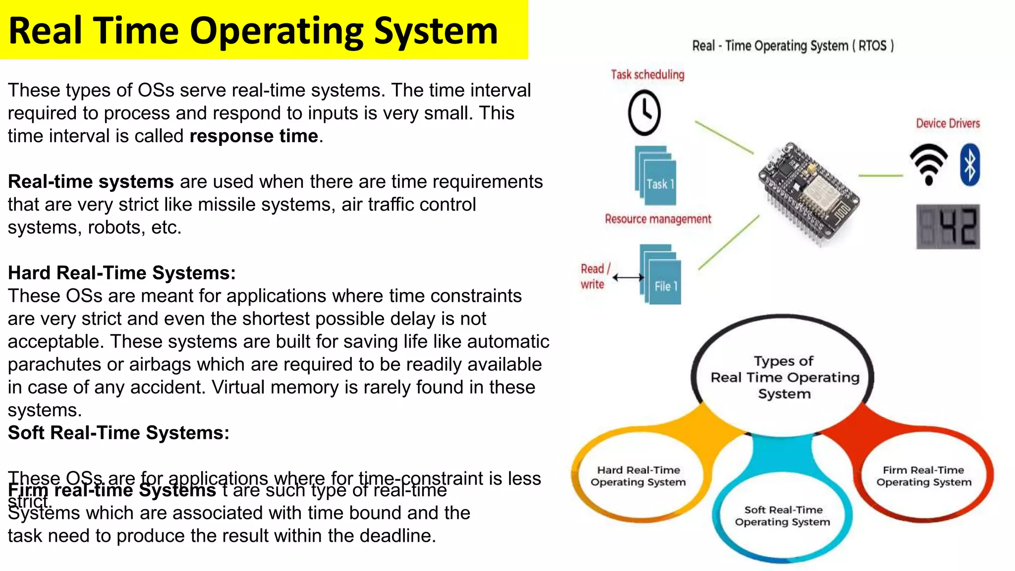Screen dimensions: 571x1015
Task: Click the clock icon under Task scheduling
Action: pos(644,113)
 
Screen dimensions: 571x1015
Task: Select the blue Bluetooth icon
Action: pos(970,165)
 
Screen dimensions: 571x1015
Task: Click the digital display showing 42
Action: pos(948,227)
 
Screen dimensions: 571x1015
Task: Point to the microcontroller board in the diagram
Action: pos(808,193)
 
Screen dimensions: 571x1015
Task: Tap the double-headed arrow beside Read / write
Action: pos(628,278)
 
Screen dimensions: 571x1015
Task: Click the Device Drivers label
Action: pos(948,123)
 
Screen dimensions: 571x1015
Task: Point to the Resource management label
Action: pos(658,219)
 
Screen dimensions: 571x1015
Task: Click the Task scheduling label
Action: pos(647,75)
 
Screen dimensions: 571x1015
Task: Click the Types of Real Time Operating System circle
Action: pos(784,377)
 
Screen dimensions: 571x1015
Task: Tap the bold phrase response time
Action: pos(254,136)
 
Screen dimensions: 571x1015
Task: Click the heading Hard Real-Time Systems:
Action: pos(121,273)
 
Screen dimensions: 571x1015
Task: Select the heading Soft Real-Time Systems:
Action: pos(118,433)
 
